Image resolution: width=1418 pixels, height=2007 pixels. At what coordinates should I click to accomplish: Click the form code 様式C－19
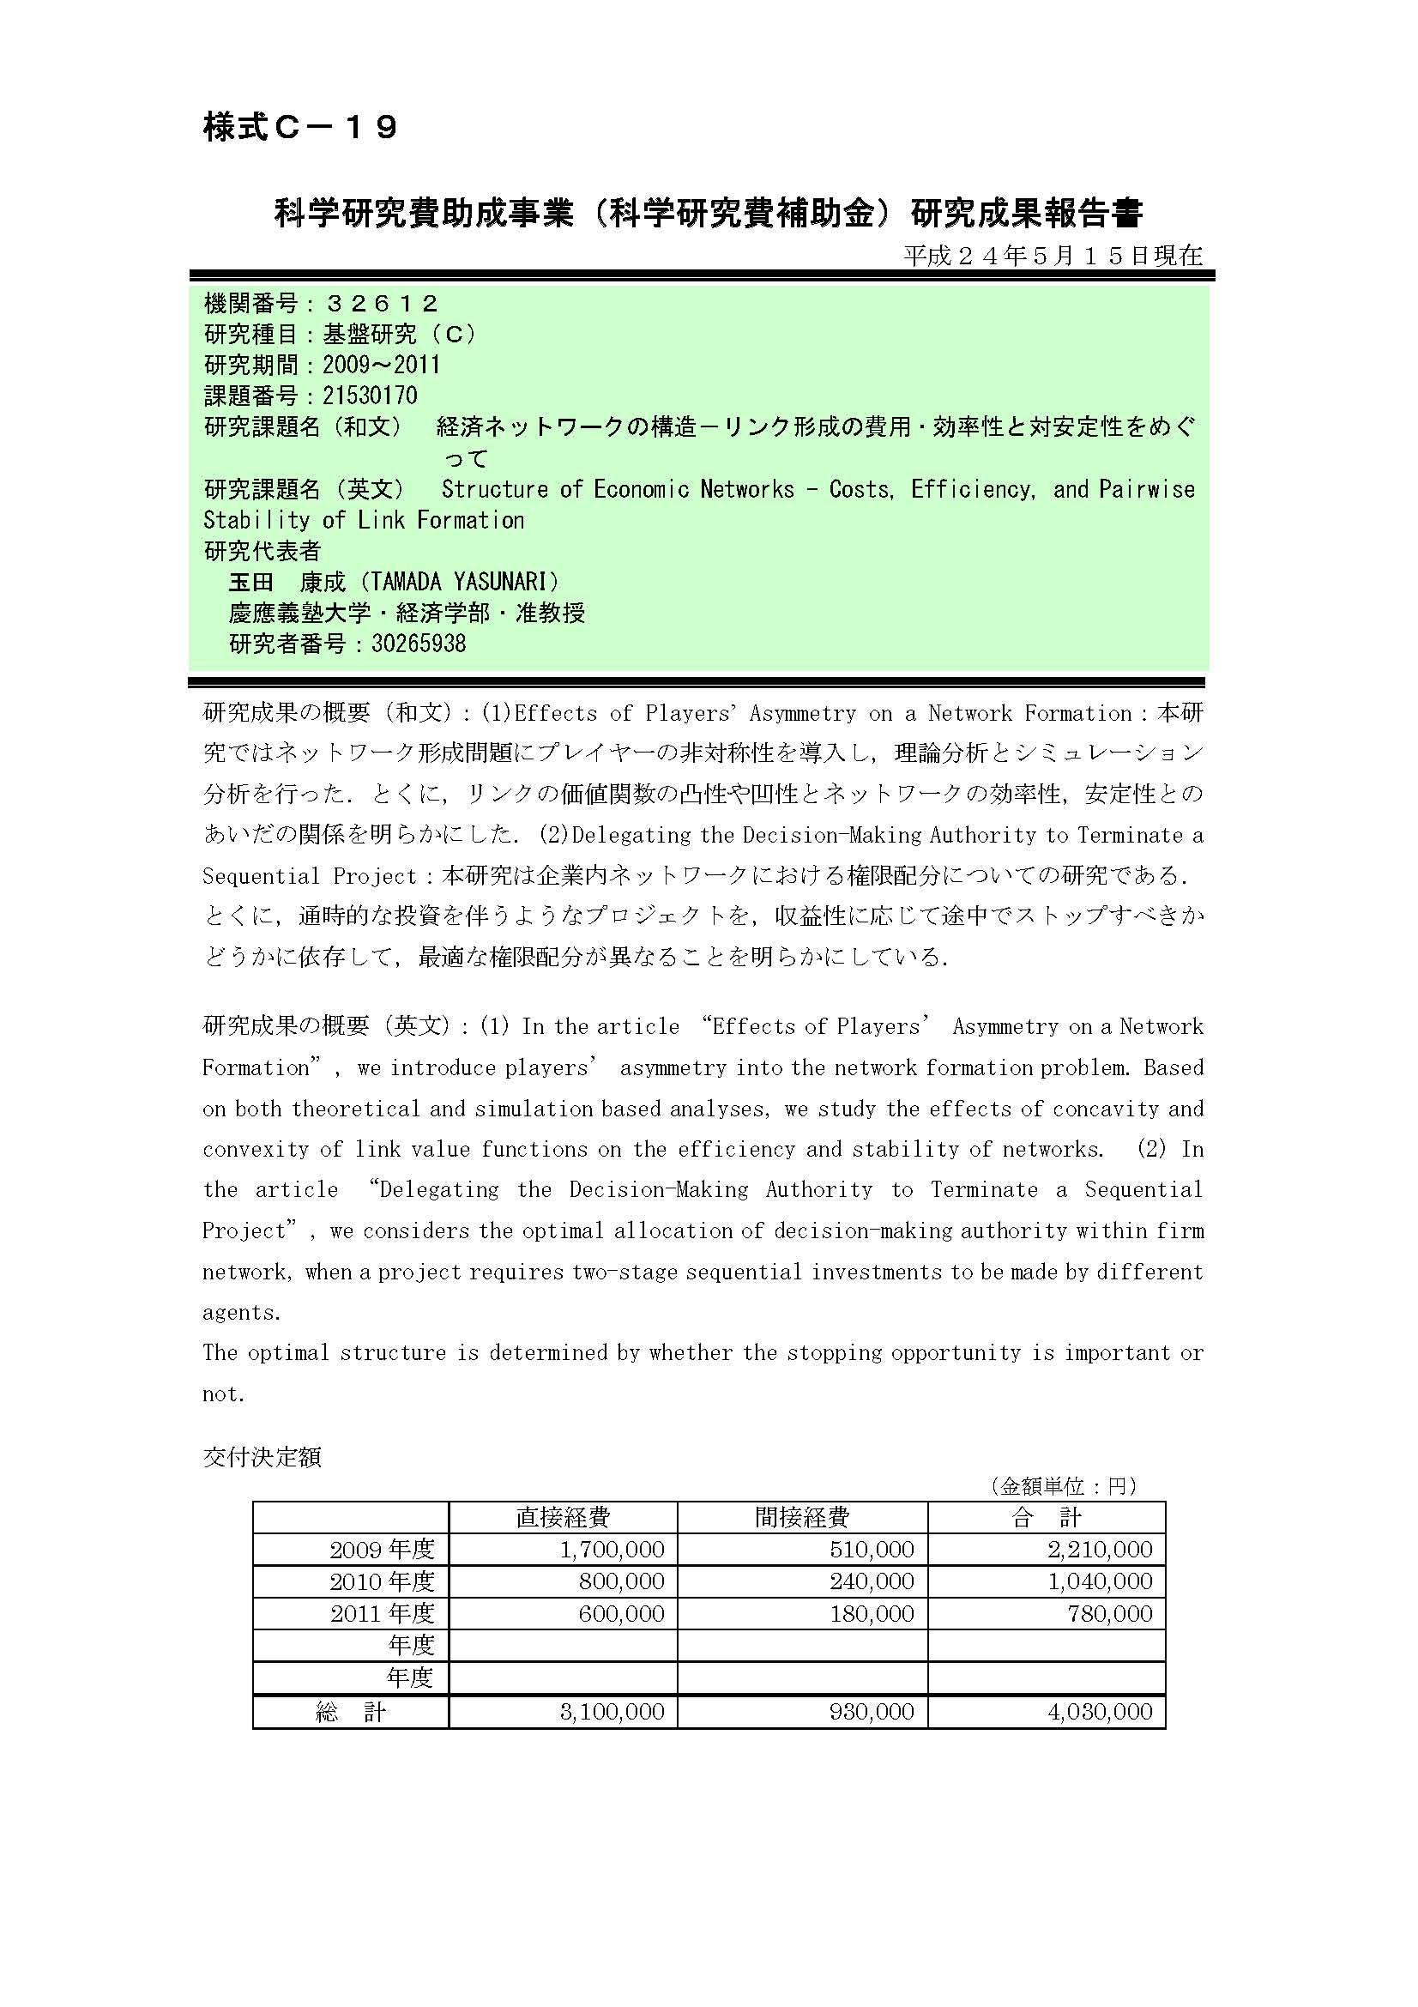click(x=300, y=129)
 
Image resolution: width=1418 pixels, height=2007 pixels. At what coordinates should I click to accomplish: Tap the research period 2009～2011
click(x=381, y=366)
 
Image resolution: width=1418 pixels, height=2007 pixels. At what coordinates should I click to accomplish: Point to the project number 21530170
click(x=370, y=396)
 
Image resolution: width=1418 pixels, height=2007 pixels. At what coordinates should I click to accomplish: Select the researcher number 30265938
click(x=419, y=644)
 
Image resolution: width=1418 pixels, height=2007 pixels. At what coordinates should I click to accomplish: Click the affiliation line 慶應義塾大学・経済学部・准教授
click(x=407, y=613)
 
